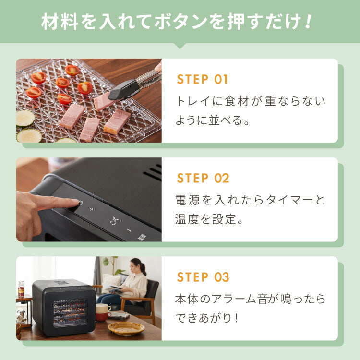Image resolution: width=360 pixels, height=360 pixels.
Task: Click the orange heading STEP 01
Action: point(203,79)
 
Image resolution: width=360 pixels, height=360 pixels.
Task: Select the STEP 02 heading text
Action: point(203,179)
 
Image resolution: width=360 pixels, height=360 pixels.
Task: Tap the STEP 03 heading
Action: point(203,277)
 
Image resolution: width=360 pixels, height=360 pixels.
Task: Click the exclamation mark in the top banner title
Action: point(308,22)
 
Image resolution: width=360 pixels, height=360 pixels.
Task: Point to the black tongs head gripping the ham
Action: point(123,89)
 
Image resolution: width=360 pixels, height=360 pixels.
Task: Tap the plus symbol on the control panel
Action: point(92,209)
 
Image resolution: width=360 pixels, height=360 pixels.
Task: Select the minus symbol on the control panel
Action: point(129,230)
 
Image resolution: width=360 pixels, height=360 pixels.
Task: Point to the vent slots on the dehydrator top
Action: point(154,172)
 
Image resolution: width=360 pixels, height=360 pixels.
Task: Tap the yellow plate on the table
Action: point(126,328)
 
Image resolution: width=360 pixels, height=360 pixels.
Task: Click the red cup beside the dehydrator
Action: point(103,316)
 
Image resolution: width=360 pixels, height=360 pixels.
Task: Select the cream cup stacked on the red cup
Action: point(103,308)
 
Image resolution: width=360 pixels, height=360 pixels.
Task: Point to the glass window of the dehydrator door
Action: point(70,312)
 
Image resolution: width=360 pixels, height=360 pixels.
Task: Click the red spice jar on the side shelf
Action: point(21,289)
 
